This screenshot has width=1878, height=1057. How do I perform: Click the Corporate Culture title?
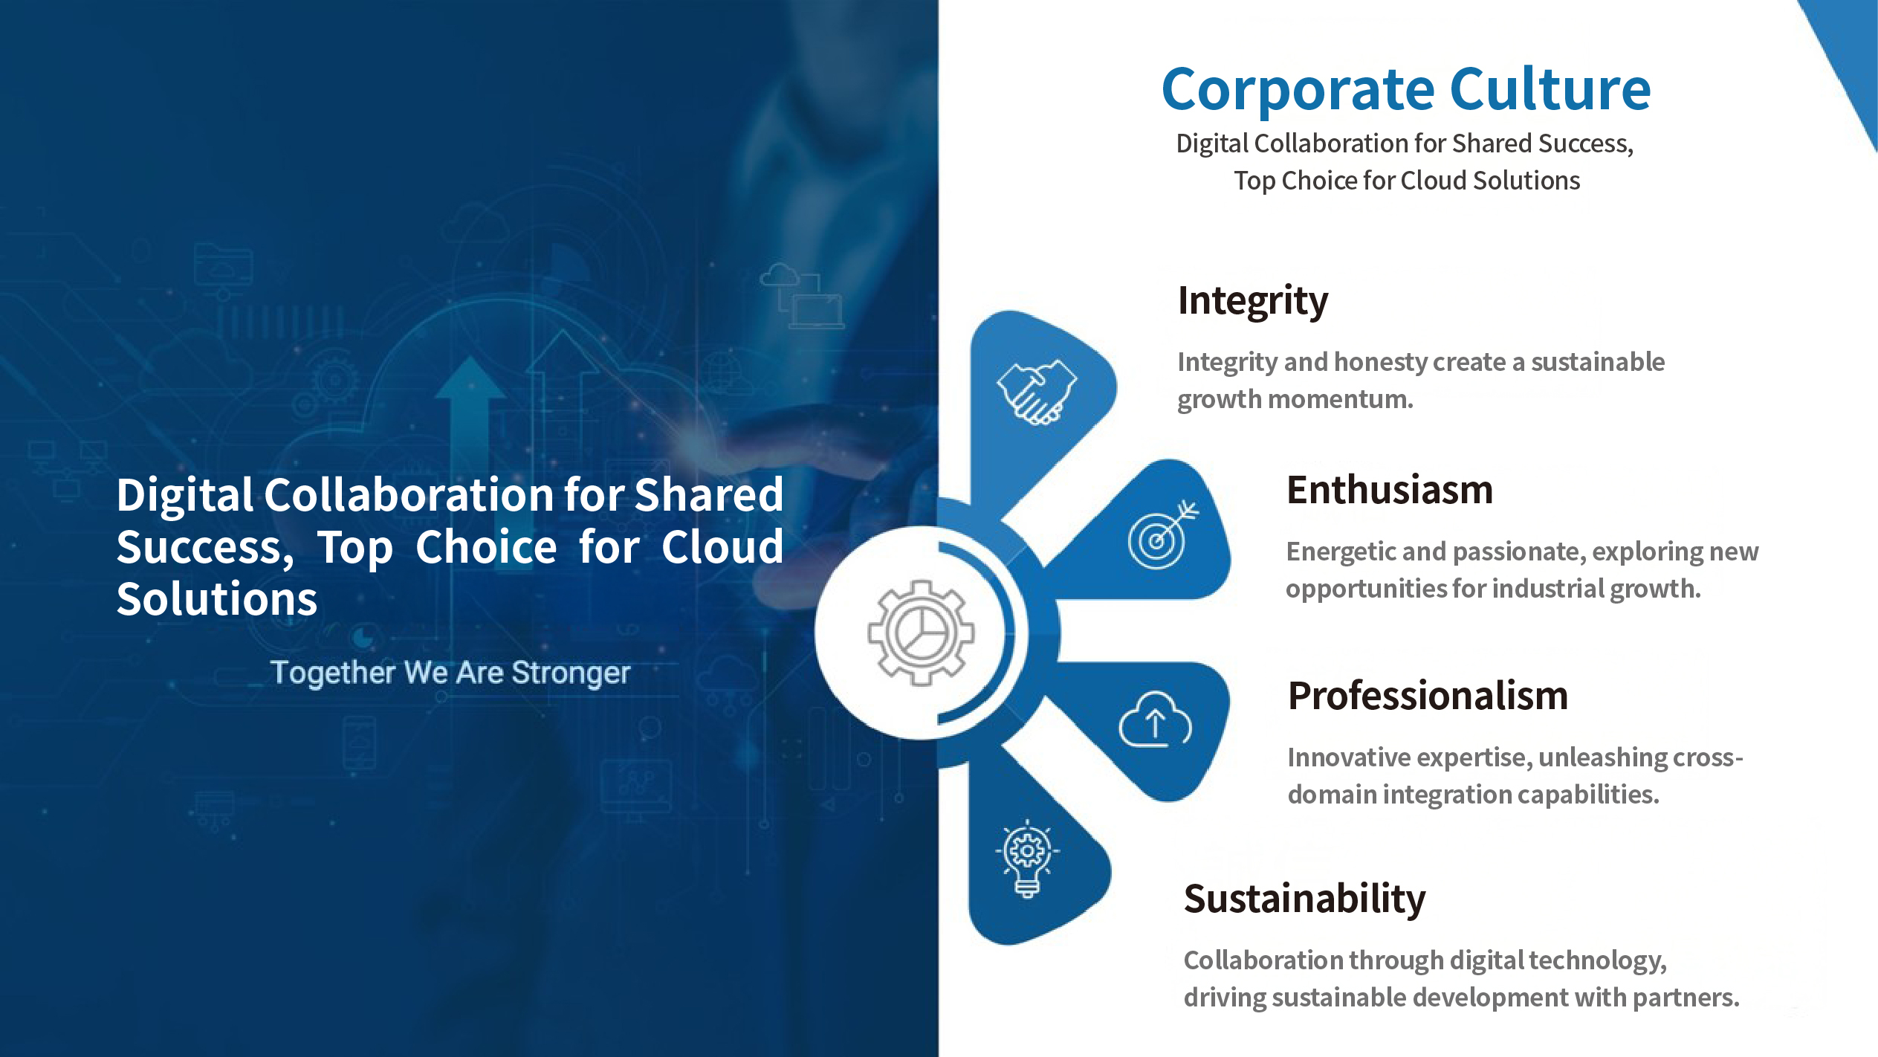[1406, 90]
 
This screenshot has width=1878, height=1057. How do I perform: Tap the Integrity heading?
[1253, 301]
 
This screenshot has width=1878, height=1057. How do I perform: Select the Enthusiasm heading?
[1390, 490]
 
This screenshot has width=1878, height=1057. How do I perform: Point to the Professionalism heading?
[1428, 696]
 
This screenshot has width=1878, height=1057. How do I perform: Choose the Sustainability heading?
[1305, 899]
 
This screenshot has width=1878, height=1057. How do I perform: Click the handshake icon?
[1037, 392]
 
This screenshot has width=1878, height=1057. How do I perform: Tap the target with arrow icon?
[1162, 535]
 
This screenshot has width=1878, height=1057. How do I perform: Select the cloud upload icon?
[1156, 719]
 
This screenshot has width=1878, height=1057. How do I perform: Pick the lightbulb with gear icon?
[1027, 859]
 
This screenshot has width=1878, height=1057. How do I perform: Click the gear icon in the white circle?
[921, 633]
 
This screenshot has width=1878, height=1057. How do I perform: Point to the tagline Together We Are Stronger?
[450, 673]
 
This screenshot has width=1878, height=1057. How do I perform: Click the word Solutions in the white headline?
[217, 599]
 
